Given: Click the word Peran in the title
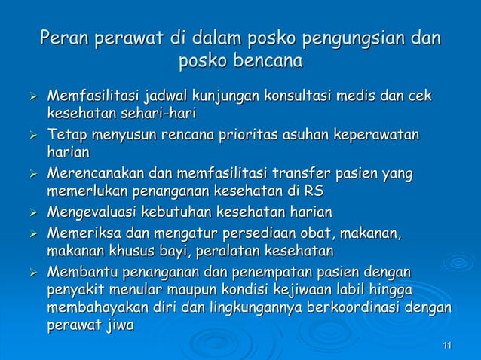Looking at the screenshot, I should click(x=64, y=38).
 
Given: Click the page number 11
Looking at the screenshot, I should click(x=448, y=345).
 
